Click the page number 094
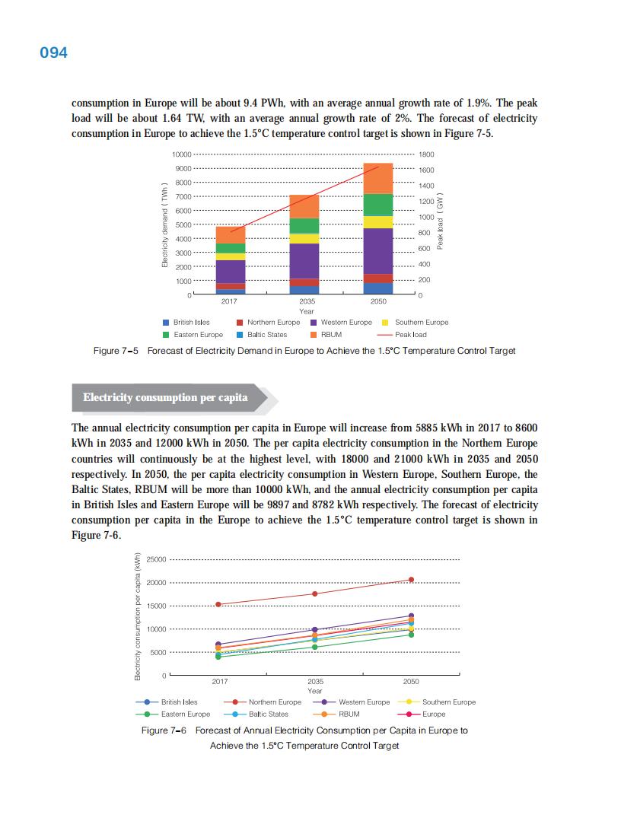(53, 53)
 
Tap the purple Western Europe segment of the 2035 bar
(304, 261)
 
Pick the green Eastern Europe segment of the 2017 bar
(231, 248)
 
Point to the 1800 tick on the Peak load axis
(426, 154)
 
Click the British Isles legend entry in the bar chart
(186, 322)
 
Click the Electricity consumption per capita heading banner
(165, 397)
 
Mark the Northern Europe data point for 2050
(411, 580)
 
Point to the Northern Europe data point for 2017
(219, 604)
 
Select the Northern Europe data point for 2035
(315, 594)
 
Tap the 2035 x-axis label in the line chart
(315, 682)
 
